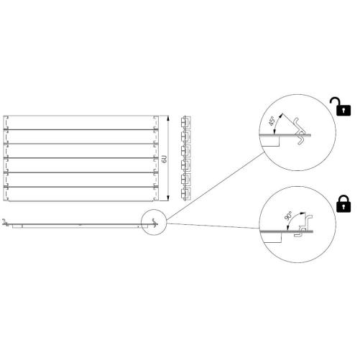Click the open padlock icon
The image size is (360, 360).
pyautogui.click(x=342, y=107)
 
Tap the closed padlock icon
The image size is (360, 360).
pyautogui.click(x=343, y=204)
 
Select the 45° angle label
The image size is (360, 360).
pyautogui.click(x=271, y=121)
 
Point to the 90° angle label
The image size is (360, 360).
pyautogui.click(x=288, y=216)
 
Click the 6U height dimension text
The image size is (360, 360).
pyautogui.click(x=165, y=159)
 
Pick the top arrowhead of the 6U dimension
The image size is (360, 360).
pyautogui.click(x=168, y=119)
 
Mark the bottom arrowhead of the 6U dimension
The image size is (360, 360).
pyautogui.click(x=168, y=198)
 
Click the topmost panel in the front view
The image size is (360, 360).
pyautogui.click(x=81, y=123)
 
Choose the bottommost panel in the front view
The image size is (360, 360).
pyautogui.click(x=81, y=194)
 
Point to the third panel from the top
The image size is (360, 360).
pyautogui.click(x=81, y=151)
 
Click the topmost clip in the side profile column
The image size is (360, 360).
pyautogui.click(x=185, y=122)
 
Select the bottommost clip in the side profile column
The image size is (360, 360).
pyautogui.click(x=185, y=194)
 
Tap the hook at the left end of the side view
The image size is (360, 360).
pyautogui.click(x=4, y=223)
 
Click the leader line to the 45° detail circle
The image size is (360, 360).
pyautogui.click(x=215, y=187)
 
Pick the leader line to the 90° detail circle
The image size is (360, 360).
pyautogui.click(x=213, y=226)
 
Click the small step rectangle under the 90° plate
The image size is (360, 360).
pyautogui.click(x=272, y=238)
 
